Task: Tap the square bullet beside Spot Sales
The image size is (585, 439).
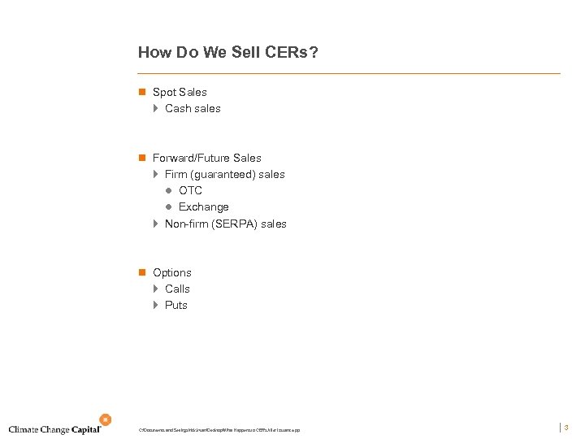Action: click(141, 92)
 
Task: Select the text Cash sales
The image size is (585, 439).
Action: click(193, 108)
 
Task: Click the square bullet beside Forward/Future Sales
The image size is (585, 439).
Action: click(141, 158)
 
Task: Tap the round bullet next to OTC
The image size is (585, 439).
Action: click(170, 190)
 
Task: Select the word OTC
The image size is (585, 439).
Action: click(190, 190)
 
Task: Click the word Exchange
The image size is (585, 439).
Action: click(204, 206)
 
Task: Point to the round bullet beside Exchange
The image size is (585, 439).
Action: click(170, 206)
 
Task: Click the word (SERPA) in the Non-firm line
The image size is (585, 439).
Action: click(234, 224)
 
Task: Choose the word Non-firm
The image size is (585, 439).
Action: click(186, 224)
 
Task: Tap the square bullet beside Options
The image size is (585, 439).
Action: click(141, 272)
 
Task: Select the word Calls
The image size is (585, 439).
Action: click(177, 289)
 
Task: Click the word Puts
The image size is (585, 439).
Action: click(176, 305)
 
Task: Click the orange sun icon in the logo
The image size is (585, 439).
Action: click(104, 419)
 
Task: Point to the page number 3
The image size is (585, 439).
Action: click(565, 427)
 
